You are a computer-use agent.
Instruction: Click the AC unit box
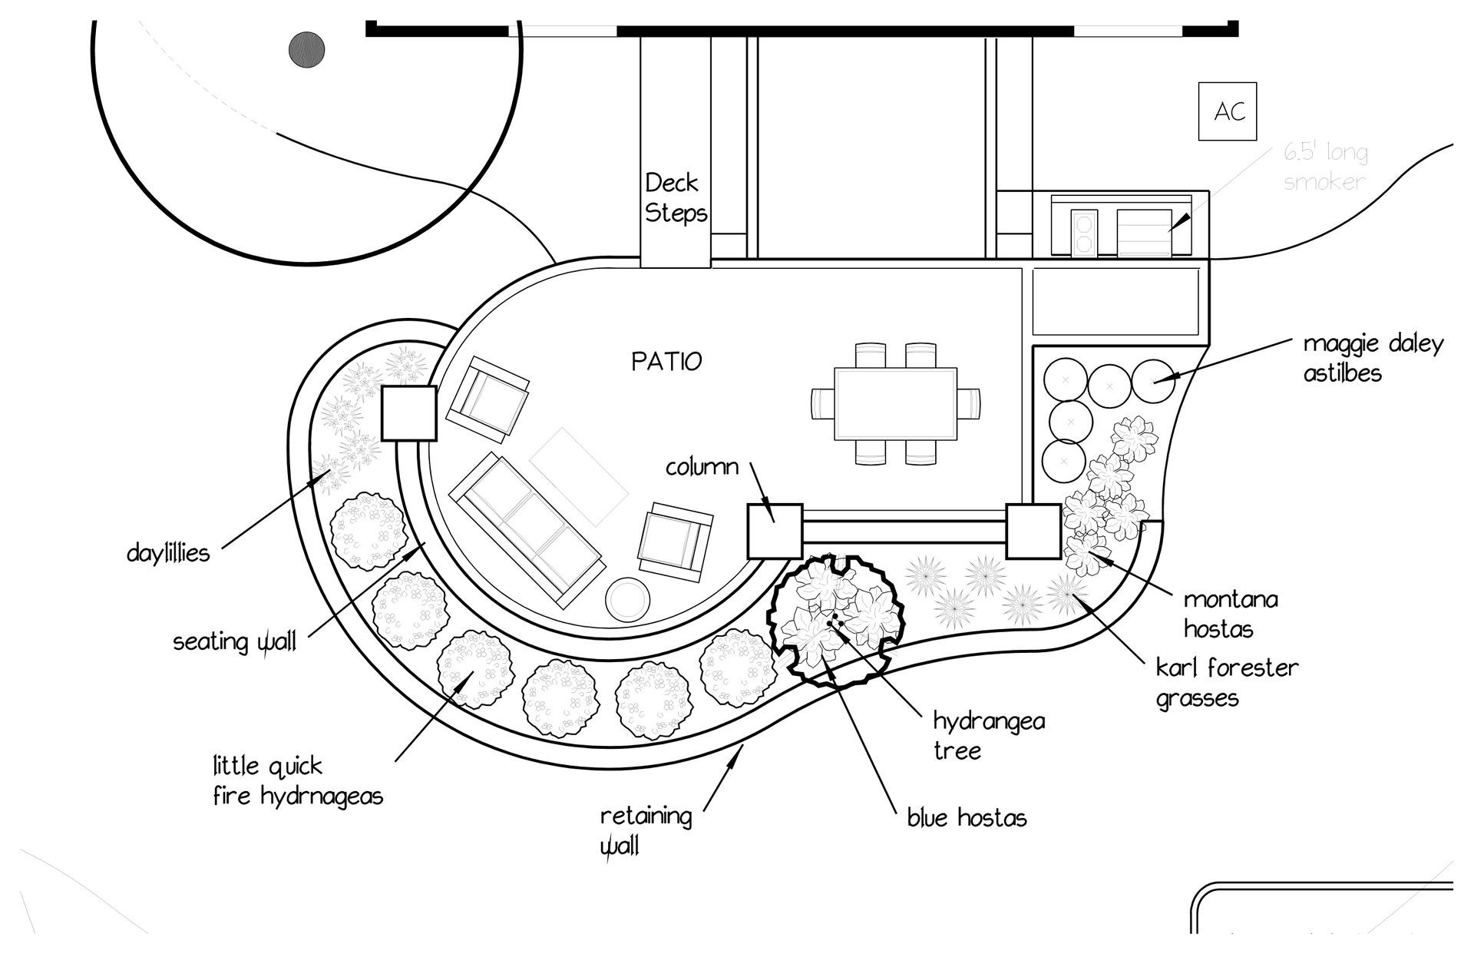coord(1228,112)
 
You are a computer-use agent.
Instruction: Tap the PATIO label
coord(666,361)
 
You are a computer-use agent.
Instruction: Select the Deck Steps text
coord(676,198)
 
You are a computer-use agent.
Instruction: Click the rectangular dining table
coord(895,403)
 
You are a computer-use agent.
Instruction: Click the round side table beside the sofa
coord(628,600)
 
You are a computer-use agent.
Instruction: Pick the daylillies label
coord(168,553)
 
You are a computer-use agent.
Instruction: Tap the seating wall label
coord(234,642)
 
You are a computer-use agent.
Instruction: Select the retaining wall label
coord(645,830)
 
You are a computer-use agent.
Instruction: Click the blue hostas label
coord(967,818)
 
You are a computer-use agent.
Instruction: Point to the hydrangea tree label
coord(989,735)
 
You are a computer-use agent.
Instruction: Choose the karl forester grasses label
coord(1227,683)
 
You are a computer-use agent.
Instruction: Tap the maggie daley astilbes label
coord(1373,358)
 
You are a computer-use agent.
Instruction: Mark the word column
coord(702,467)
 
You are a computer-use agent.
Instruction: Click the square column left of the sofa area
coord(409,413)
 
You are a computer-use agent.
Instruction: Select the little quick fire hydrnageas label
coord(298,780)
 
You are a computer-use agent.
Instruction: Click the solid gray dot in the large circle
coord(306,50)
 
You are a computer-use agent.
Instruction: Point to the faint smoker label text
coord(1326,167)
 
